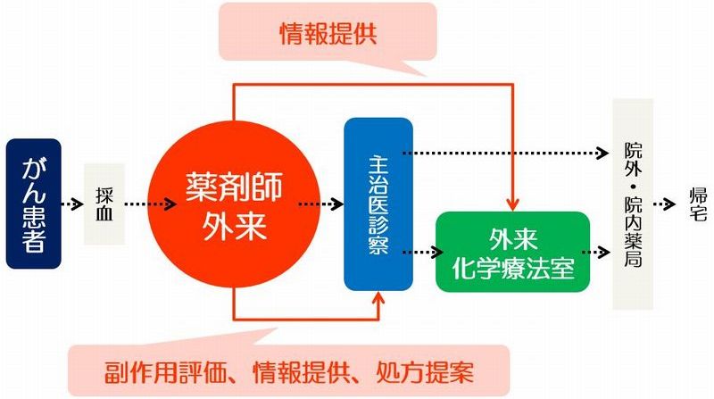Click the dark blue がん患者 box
pos(33,204)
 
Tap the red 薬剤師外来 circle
pos(234,204)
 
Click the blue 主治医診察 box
pos(378,204)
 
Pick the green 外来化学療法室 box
pos(512,252)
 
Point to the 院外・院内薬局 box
pos(633,204)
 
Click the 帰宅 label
pos(697,204)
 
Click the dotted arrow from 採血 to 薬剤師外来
pos(150,204)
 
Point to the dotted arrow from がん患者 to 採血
pos(73,204)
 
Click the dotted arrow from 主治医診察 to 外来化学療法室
pos(423,252)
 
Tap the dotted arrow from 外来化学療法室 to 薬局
pos(601,252)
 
